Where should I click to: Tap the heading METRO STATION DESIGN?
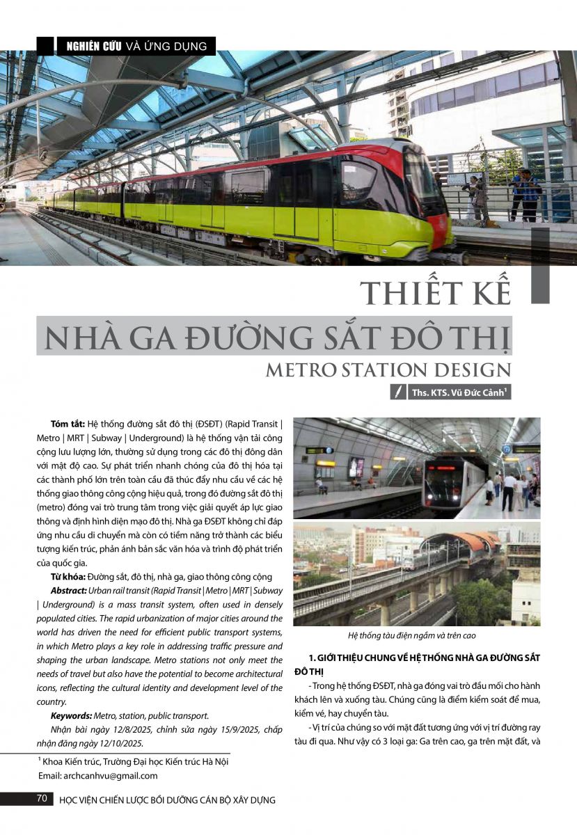pos(388,369)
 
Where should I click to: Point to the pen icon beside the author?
pos(398,392)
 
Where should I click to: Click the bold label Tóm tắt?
pos(68,424)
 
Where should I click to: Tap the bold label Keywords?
pos(73,715)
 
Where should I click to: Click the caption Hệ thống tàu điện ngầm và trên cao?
pos(416,635)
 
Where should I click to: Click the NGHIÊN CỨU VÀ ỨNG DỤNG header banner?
pos(136,46)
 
